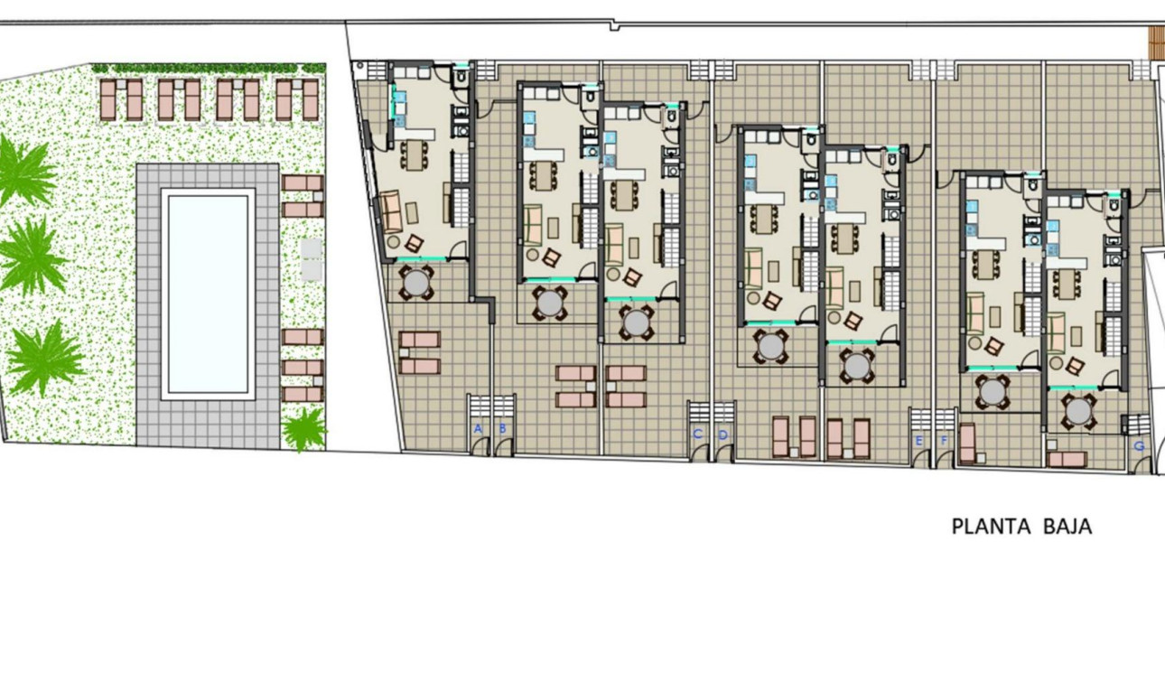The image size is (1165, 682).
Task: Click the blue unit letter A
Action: coord(478,428)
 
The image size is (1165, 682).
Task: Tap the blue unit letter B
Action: coord(502,428)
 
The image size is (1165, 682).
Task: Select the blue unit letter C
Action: coord(697,434)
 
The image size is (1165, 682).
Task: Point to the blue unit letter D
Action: coord(722,434)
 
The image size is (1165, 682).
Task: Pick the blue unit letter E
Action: coord(919,441)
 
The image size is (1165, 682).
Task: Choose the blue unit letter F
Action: coord(945,441)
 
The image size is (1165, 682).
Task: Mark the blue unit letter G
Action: coord(1139,445)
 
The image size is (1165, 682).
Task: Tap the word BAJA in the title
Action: coord(1067,527)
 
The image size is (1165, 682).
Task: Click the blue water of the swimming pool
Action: coord(208,294)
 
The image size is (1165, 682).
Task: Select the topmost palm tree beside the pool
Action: coord(23,171)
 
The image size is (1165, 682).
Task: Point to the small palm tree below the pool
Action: coord(304,428)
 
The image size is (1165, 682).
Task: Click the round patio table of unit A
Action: coord(416,283)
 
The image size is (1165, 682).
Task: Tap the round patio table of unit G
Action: coord(1078,411)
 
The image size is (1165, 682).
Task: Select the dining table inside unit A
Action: coord(415,153)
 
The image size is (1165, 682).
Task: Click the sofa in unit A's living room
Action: coord(391,212)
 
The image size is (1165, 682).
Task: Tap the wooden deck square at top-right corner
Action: coord(1155,40)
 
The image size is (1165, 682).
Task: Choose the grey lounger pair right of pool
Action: coord(312,258)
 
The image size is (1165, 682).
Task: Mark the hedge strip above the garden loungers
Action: coord(209,69)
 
